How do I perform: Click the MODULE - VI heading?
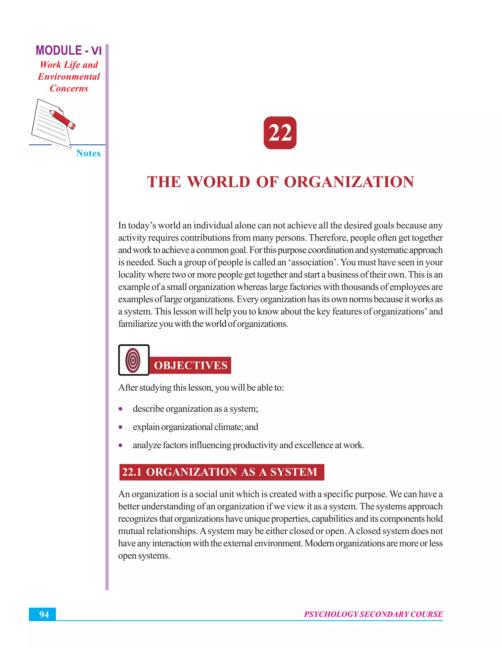(x=69, y=50)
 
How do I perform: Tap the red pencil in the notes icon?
(x=63, y=120)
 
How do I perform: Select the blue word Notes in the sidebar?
(x=88, y=153)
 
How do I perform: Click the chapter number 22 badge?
(x=280, y=133)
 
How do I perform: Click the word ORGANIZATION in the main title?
(x=349, y=182)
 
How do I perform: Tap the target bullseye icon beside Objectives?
(x=133, y=360)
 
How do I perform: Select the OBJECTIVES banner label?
(x=191, y=365)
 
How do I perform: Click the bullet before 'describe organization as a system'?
(x=120, y=409)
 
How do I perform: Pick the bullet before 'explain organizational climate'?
(x=120, y=427)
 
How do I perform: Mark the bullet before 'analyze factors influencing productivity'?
(x=120, y=445)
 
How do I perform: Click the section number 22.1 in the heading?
(x=132, y=472)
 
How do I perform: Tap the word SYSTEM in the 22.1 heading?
(x=293, y=472)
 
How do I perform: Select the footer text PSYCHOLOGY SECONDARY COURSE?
(x=373, y=614)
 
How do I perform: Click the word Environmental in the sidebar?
(x=69, y=77)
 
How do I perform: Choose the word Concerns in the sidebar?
(x=69, y=89)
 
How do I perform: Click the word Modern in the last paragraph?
(x=319, y=543)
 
